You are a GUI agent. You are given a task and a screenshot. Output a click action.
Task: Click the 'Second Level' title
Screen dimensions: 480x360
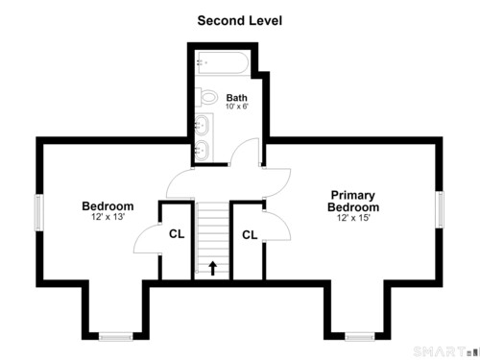pos(240,21)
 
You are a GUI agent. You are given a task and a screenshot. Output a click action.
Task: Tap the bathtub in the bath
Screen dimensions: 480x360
pos(223,63)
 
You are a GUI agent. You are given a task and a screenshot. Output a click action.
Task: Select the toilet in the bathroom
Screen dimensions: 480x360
pos(206,97)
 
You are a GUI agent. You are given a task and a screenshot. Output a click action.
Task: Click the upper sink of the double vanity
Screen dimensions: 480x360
pos(202,125)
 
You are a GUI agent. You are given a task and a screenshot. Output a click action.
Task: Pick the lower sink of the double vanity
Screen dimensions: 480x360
pos(202,150)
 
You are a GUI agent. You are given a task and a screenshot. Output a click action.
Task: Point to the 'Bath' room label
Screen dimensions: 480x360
pos(237,98)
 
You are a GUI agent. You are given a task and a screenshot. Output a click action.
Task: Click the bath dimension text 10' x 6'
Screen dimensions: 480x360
pos(237,107)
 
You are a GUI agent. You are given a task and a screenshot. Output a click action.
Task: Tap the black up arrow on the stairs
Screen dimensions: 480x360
pos(213,268)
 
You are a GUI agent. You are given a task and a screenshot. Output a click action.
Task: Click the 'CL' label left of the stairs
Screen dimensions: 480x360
pos(177,234)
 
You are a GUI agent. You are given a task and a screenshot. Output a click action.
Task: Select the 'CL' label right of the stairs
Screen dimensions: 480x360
pos(250,235)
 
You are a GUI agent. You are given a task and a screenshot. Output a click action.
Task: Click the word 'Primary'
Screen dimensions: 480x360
pos(353,196)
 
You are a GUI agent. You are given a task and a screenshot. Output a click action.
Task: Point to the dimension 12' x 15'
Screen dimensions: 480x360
pos(353,218)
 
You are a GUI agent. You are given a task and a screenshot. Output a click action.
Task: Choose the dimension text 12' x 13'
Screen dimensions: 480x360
pos(108,217)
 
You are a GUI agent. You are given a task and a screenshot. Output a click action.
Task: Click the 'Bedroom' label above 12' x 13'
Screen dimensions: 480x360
pos(108,206)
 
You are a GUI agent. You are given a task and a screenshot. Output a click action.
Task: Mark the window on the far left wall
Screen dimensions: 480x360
pos(39,212)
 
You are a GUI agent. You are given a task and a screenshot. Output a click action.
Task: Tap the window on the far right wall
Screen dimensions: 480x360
pos(440,209)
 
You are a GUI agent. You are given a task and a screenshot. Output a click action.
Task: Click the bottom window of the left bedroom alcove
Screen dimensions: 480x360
pos(115,336)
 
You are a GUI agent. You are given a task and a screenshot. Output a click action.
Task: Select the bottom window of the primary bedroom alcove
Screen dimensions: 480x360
pos(360,336)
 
